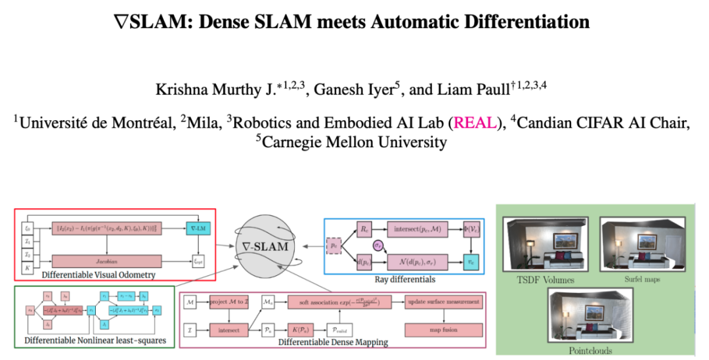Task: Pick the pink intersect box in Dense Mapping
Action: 228,330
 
